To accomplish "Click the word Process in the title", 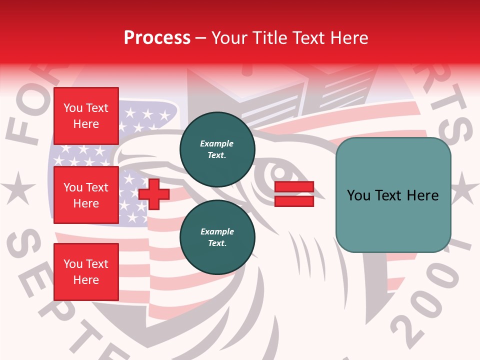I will click(157, 38).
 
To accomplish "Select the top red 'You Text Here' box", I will click(86, 116).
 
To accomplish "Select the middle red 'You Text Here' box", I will click(86, 195).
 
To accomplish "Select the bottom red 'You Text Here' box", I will click(86, 272).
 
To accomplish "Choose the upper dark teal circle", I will click(217, 149).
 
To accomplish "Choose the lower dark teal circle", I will click(217, 237).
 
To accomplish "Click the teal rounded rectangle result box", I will click(393, 195).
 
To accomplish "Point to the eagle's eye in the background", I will click(283, 173).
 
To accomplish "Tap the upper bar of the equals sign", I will click(294, 187).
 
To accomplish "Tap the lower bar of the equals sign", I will click(294, 201).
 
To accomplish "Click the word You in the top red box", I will click(73, 108).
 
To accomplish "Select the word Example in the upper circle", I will click(217, 144).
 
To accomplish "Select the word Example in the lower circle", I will click(217, 232).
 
